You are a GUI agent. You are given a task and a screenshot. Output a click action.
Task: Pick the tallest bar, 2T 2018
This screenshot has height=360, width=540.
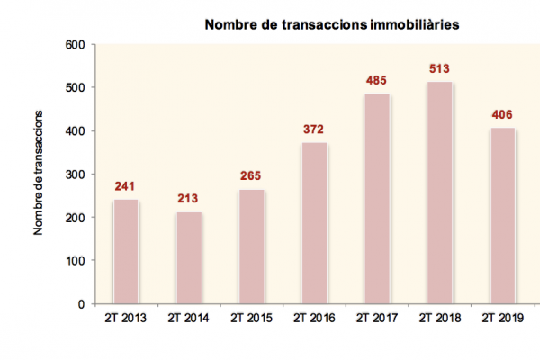[439, 193]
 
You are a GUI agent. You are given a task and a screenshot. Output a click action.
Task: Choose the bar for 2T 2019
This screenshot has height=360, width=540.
[502, 216]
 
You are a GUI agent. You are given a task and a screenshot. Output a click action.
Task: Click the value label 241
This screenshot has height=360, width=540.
[126, 187]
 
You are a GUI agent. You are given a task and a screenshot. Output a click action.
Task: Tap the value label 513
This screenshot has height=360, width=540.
[439, 69]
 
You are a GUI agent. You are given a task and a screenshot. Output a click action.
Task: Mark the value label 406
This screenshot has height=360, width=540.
[502, 115]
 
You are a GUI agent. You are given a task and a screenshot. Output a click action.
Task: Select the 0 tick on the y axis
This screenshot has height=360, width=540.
[81, 304]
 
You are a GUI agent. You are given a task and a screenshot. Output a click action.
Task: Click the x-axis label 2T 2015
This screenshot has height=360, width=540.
[251, 318]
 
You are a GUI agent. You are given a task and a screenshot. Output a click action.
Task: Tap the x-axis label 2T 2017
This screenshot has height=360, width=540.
[376, 318]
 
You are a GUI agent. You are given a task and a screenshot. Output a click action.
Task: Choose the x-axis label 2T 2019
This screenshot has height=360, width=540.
[502, 318]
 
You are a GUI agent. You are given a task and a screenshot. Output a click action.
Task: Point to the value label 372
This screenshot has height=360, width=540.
[314, 130]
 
